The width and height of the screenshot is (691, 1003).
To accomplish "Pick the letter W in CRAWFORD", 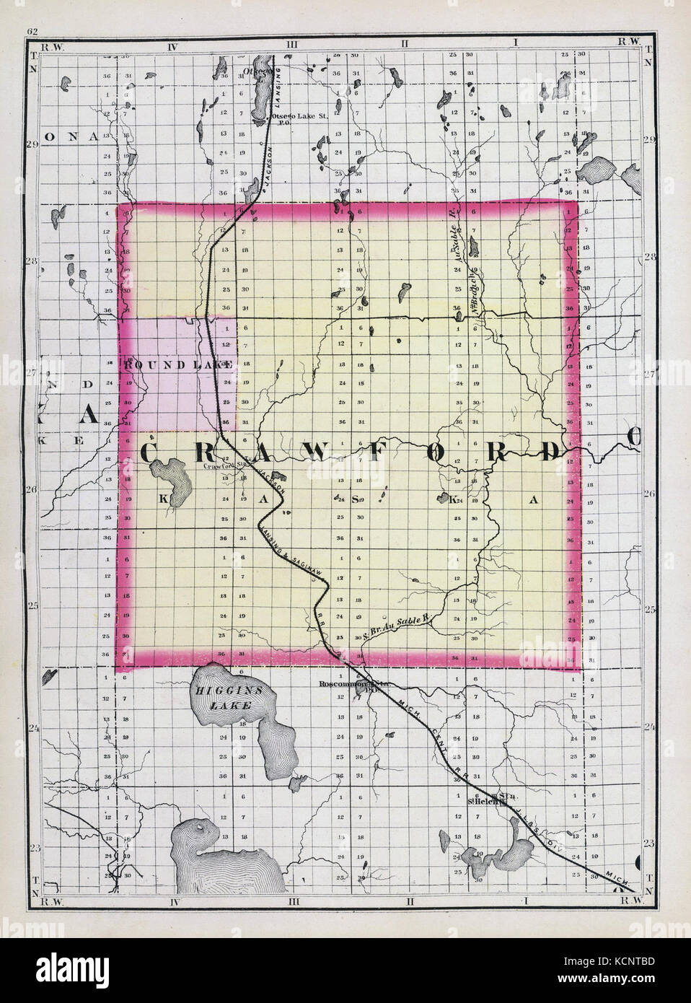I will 318,452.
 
